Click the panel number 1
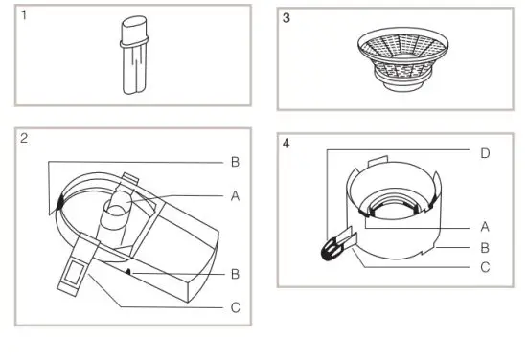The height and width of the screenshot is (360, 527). pos(22,17)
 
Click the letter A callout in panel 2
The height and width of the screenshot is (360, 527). pos(236,194)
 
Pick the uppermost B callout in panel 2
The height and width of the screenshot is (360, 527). pos(236,162)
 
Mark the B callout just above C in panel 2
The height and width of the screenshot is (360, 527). pos(236,274)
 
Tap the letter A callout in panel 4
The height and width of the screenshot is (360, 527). pos(485,227)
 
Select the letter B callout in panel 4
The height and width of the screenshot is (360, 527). pos(485,247)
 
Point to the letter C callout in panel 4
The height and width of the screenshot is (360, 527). pos(485,267)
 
